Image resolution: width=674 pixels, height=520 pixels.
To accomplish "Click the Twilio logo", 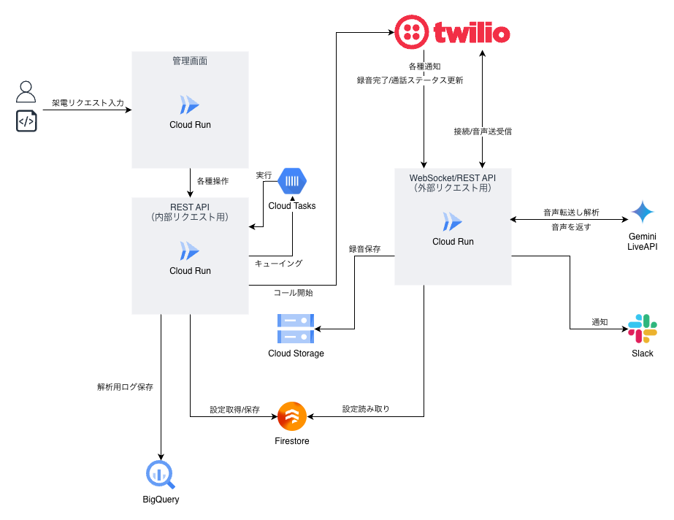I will point(452,31).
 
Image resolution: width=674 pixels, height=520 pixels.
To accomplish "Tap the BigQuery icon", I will point(160,475).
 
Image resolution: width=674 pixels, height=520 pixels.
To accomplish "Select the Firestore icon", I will point(291,417).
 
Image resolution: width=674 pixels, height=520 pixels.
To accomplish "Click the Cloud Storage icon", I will point(295,329).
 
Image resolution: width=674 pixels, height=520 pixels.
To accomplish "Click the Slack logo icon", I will point(643,329).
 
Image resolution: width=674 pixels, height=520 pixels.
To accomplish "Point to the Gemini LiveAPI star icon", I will point(643,213).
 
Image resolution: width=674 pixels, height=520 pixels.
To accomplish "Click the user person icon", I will point(26,92).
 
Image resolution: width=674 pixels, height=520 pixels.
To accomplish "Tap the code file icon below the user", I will point(26,121).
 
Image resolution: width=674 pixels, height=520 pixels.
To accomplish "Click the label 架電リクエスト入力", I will point(88,103).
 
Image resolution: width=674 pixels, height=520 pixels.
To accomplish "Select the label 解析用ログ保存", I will point(125,387).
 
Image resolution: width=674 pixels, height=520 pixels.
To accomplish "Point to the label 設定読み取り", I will point(366,409).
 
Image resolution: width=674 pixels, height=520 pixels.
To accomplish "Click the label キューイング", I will point(278,263).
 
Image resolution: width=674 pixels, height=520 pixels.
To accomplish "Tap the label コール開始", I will point(293,292).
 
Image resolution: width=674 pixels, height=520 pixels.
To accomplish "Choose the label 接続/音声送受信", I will point(483,132).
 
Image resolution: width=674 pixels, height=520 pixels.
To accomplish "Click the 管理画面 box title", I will point(190,61).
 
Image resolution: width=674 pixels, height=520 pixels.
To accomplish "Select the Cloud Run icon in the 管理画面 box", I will point(190,104).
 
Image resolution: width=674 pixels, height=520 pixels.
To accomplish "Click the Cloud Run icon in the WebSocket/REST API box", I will point(453,221).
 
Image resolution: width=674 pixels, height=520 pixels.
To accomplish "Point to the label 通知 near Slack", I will point(600,321).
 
